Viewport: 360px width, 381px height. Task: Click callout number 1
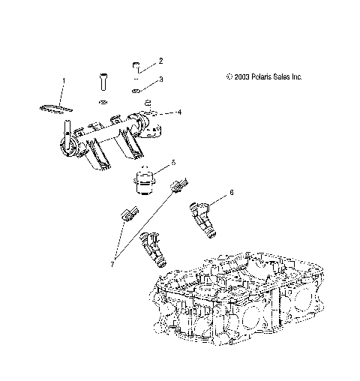(x=64, y=79)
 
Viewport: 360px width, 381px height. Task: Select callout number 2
(x=160, y=60)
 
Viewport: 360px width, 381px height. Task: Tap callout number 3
(x=160, y=79)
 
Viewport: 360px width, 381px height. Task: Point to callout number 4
(x=178, y=112)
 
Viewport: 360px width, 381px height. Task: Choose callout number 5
(x=173, y=162)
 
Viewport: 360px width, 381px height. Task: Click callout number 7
(x=112, y=264)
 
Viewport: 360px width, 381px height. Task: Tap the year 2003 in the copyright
(x=242, y=76)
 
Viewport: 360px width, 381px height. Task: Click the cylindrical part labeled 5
(x=143, y=182)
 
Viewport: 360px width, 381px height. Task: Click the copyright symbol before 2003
(x=229, y=76)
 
